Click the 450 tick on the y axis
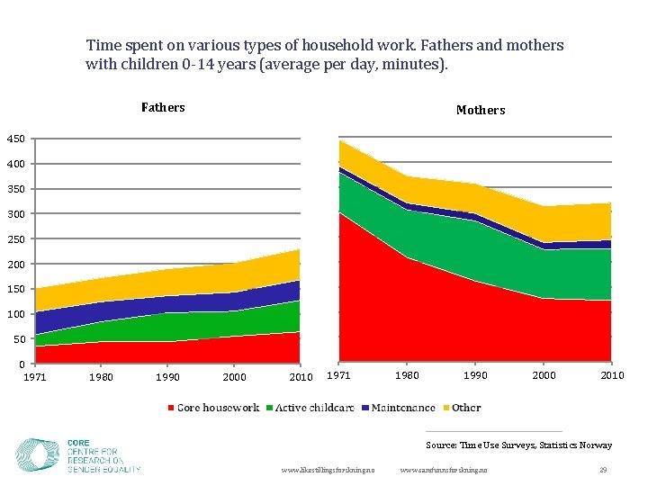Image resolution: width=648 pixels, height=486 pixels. [x=16, y=139]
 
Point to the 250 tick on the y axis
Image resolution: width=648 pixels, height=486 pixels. [x=16, y=239]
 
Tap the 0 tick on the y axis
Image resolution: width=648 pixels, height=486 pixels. [x=20, y=364]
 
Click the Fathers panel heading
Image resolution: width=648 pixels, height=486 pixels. [x=163, y=108]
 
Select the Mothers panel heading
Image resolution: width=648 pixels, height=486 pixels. [x=480, y=110]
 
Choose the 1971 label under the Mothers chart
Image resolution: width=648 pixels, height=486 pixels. [x=337, y=375]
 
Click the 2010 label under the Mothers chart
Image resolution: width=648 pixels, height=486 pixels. [x=612, y=375]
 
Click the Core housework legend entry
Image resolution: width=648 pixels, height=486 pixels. [x=213, y=408]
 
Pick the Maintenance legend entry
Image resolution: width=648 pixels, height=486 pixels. [x=398, y=408]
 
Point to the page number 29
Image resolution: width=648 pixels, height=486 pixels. [x=603, y=471]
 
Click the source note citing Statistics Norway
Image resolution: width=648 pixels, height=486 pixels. [x=518, y=445]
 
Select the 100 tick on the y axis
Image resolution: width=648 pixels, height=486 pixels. [x=16, y=314]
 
